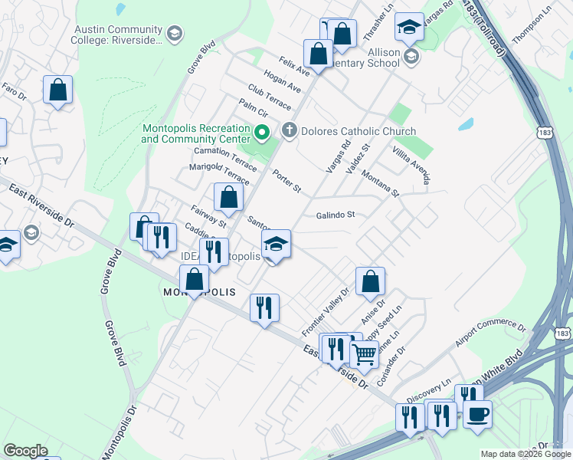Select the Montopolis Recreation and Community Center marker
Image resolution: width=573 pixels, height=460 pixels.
260,134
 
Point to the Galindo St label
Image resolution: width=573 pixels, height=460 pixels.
336,215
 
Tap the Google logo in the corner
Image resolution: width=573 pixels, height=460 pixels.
25,450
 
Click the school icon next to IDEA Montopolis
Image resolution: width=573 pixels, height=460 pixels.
277,245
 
